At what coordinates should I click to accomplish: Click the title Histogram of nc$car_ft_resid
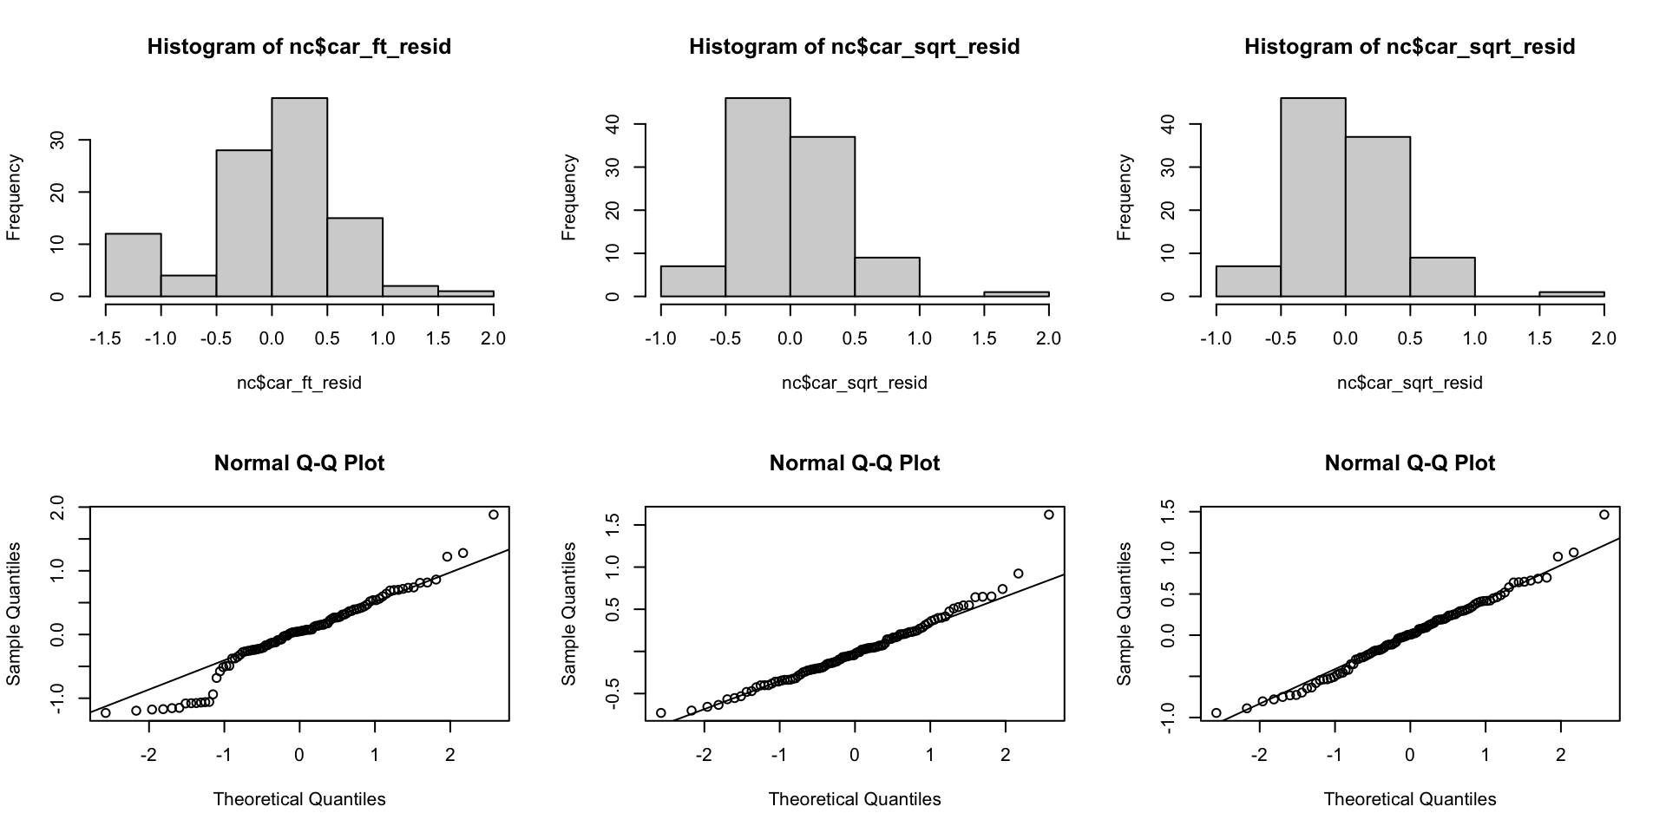point(299,47)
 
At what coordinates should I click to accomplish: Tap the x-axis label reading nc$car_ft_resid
point(299,383)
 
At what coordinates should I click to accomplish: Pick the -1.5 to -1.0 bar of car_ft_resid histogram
point(133,265)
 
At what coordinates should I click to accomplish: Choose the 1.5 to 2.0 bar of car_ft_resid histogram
point(466,293)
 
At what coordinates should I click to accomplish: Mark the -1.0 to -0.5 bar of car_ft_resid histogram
point(188,285)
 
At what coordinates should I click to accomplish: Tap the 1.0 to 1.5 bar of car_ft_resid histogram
point(410,291)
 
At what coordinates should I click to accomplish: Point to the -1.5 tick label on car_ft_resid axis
point(105,338)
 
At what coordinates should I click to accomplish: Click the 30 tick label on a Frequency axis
point(58,140)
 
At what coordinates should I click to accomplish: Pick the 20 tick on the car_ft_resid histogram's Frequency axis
point(58,192)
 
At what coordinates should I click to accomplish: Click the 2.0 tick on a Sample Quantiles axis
point(58,507)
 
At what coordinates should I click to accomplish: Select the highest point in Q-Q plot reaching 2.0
point(494,515)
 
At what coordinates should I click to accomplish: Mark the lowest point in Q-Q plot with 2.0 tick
point(106,713)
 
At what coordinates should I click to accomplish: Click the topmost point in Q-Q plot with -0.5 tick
point(1049,515)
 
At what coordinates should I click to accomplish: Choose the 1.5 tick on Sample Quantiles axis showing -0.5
point(613,525)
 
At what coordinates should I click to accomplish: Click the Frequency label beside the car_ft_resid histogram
point(14,197)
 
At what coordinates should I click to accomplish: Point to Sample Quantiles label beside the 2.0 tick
point(14,613)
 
